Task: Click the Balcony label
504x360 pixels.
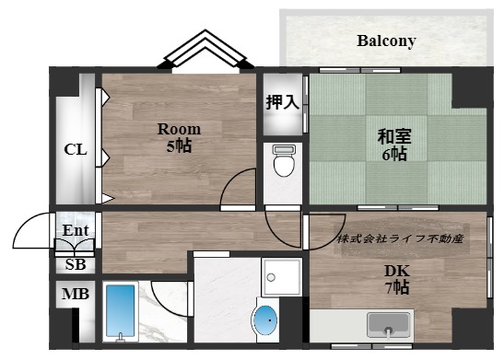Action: pos(386,41)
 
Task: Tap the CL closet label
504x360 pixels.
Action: pos(76,150)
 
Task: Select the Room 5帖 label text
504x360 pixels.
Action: pos(179,137)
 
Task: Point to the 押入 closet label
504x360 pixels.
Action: pos(283,102)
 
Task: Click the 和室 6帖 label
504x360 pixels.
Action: pos(394,145)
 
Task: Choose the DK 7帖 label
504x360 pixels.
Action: pos(397,279)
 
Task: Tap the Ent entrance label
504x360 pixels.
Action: pos(76,230)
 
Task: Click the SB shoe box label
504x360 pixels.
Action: pos(76,264)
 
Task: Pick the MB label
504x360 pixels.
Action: pos(76,294)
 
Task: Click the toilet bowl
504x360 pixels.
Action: pos(284,160)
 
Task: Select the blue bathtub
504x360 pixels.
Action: pos(120,311)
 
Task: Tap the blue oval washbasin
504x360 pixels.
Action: pos(265,320)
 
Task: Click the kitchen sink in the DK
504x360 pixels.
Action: pos(388,324)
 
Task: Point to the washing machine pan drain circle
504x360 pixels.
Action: pos(271,277)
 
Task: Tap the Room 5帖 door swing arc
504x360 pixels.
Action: pos(232,181)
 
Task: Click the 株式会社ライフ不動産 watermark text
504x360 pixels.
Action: pos(400,239)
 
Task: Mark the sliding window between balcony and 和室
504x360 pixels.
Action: pos(360,70)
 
